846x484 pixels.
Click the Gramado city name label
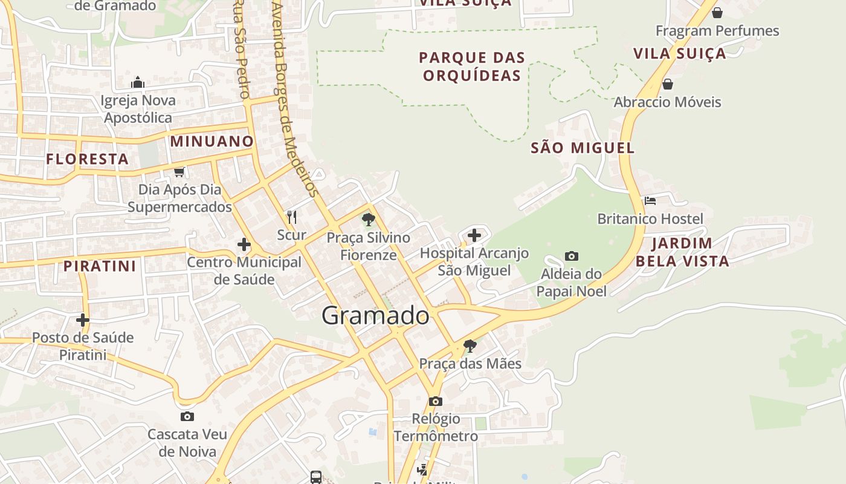375,315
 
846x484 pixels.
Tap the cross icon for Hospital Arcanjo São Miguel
474,235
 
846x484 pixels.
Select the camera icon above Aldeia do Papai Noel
572,256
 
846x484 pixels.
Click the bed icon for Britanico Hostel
650,200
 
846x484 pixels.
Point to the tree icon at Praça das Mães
470,346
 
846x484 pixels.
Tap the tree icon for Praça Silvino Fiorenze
368,220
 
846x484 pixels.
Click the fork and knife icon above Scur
292,217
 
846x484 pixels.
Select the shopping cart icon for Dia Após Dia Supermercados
179,172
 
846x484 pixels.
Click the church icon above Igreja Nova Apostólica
138,82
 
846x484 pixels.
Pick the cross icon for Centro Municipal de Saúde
244,244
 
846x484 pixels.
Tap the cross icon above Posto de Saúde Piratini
83,319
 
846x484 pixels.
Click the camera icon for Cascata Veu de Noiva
187,416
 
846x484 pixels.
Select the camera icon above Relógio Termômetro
436,401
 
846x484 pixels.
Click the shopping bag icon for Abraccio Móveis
668,84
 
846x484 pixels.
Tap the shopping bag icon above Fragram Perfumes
717,13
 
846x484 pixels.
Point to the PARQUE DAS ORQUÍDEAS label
472,67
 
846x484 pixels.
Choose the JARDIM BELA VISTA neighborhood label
682,252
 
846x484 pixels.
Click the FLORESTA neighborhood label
88,159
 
